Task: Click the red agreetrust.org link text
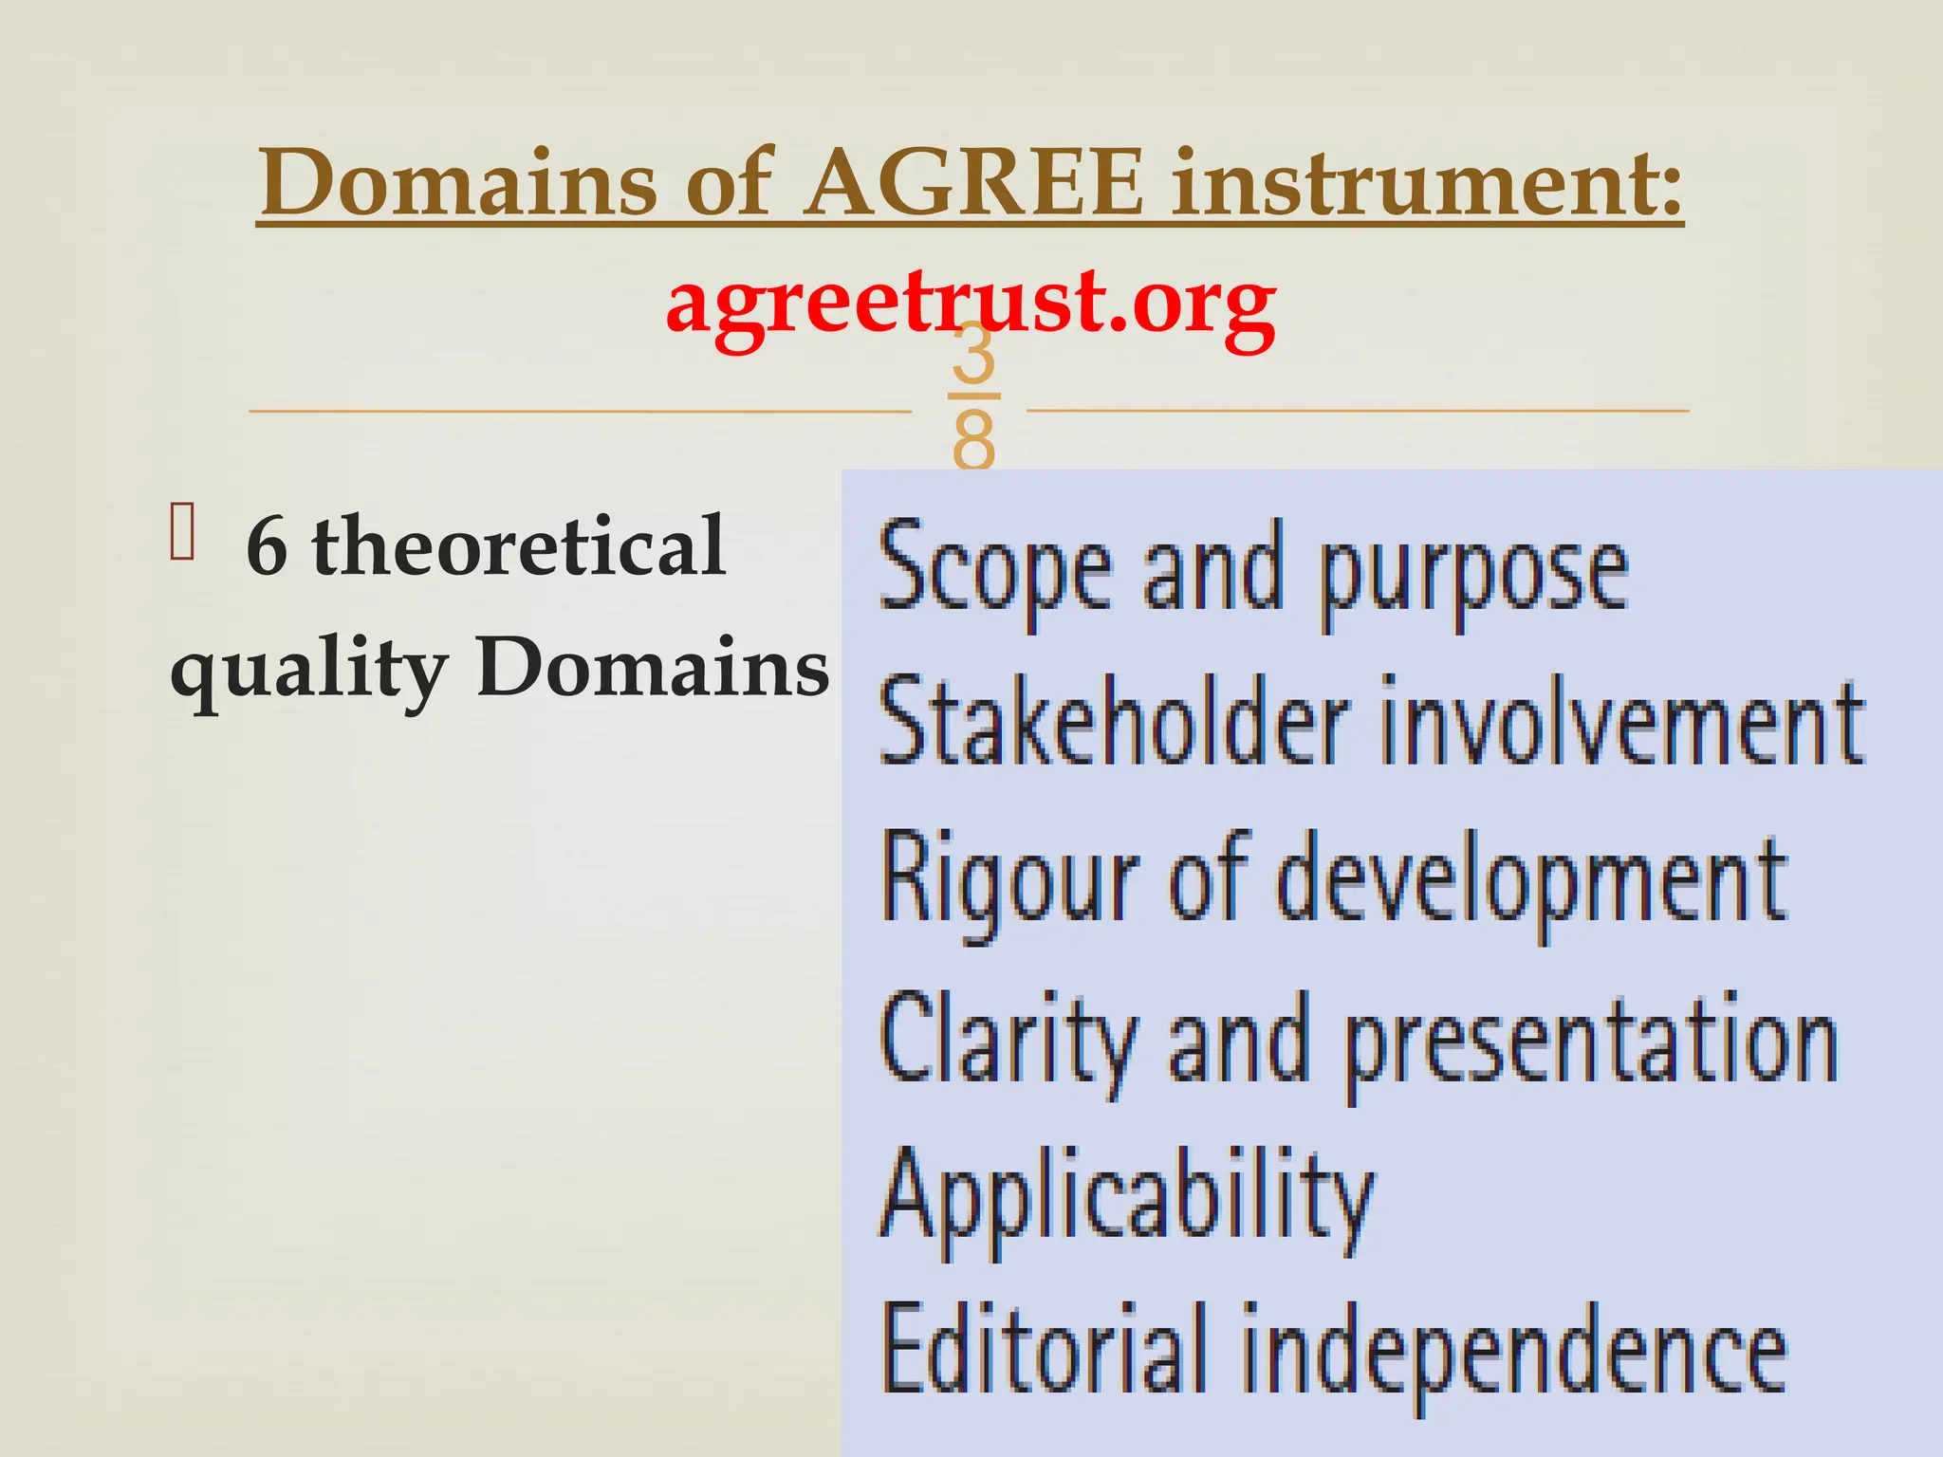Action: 971,302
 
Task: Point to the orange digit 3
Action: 973,353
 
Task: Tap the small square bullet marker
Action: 182,533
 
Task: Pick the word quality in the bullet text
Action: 308,670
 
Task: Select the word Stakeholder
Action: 1114,721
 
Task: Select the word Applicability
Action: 1127,1199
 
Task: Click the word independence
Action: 1513,1353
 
